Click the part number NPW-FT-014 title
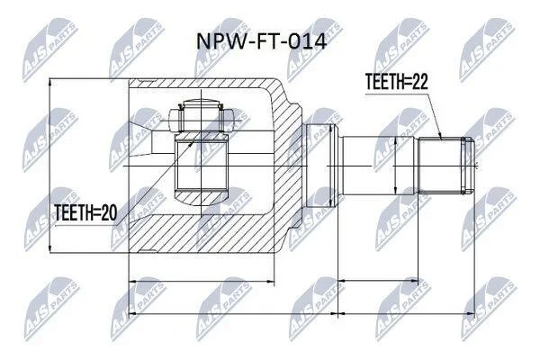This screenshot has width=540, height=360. (x=261, y=41)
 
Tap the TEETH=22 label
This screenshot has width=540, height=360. (x=396, y=82)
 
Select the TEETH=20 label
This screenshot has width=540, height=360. (x=85, y=212)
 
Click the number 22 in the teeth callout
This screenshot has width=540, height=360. (x=419, y=82)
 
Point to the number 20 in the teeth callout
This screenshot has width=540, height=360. (x=109, y=212)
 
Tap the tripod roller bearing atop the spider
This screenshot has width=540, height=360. (x=201, y=116)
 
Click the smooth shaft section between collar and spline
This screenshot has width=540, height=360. (x=378, y=166)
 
